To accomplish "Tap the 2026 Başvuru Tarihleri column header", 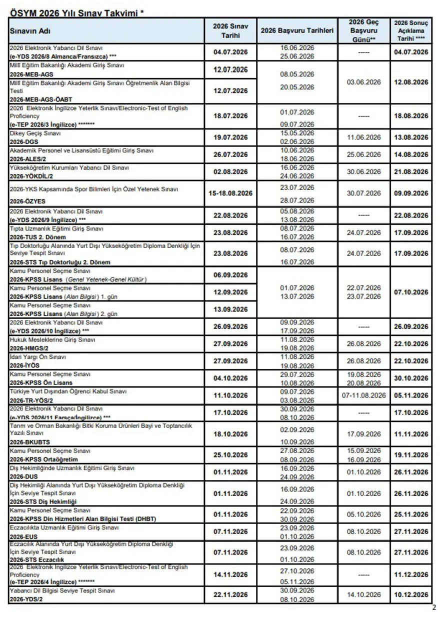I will (296, 30).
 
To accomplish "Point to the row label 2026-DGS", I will (24, 141).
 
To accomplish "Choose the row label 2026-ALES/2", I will (28, 158).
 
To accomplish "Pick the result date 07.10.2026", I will (411, 292).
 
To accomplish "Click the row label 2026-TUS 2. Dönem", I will (37, 236).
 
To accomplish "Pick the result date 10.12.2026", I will (411, 594).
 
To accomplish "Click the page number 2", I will (433, 608).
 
